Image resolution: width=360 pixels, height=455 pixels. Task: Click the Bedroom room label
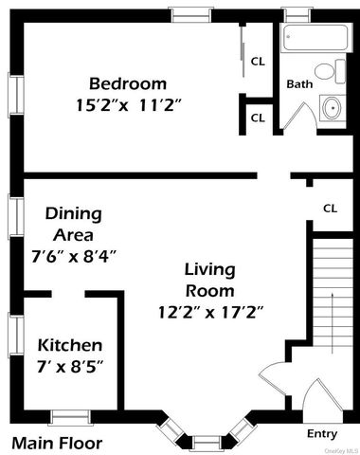pyautogui.click(x=128, y=82)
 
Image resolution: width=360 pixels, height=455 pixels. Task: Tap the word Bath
pyautogui.click(x=299, y=83)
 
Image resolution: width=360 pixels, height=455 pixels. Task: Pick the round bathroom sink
pyautogui.click(x=332, y=108)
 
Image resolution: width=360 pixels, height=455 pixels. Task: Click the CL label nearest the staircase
pyautogui.click(x=331, y=208)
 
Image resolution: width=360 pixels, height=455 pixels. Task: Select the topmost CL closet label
pyautogui.click(x=258, y=62)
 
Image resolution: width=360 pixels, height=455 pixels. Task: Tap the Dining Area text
pyautogui.click(x=74, y=225)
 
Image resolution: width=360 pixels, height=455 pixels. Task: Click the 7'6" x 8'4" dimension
pyautogui.click(x=81, y=255)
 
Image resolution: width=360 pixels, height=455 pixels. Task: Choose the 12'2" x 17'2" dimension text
pyautogui.click(x=210, y=310)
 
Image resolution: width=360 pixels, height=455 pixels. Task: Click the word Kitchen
pyautogui.click(x=69, y=345)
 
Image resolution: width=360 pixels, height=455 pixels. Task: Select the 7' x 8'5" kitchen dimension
pyautogui.click(x=70, y=365)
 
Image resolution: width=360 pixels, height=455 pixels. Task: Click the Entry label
pyautogui.click(x=322, y=433)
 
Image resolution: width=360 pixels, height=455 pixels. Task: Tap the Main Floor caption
pyautogui.click(x=56, y=443)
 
